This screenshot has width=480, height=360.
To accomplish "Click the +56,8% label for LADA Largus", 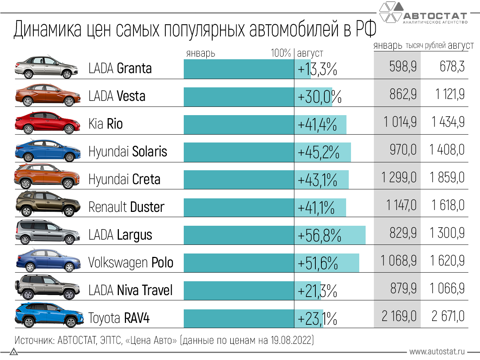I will pos(319,235).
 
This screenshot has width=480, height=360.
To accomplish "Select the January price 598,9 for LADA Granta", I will pos(403,67).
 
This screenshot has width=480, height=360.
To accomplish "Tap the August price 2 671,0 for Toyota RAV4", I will pos(448,316).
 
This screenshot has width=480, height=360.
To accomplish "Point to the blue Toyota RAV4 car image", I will pos(49,315).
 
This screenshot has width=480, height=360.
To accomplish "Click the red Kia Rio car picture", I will pos(48,123).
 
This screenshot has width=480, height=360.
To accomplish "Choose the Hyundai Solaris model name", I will pos(127,151).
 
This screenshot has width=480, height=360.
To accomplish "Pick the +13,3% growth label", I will pos(317,69).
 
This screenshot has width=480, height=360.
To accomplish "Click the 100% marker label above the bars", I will pos(281,53).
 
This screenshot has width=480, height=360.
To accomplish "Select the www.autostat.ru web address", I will pos(437,352).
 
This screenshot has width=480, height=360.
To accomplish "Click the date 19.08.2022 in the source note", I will pos(291,340).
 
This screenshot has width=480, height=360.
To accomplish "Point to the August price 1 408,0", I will pos(447,150).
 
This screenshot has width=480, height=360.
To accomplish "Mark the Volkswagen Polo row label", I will pos(130,262).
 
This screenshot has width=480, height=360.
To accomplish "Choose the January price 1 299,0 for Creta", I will pos(399,177).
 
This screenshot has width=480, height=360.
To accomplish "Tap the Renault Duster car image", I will pos(48,204).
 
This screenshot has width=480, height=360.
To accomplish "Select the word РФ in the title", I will pos(366,29).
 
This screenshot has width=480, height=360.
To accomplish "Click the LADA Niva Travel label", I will pos(130,290).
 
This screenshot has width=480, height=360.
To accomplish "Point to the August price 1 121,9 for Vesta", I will pos(450,94).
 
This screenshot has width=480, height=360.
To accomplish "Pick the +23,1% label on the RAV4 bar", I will pos(317,319).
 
